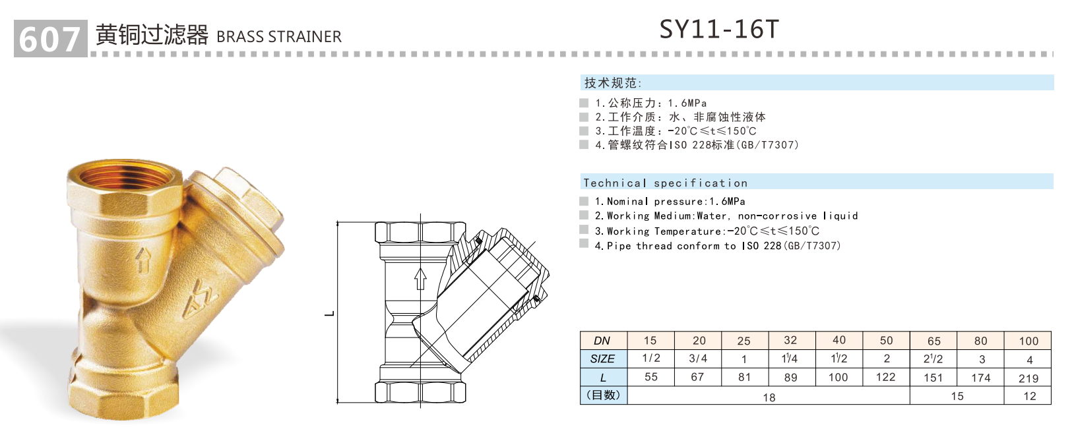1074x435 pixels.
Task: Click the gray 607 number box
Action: click(50, 39)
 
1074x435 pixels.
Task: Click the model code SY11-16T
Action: click(719, 30)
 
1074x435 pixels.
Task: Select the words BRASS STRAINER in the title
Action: click(278, 37)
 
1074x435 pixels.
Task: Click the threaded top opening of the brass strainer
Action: click(123, 175)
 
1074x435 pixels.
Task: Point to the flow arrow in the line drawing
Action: click(420, 278)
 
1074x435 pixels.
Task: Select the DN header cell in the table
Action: click(602, 341)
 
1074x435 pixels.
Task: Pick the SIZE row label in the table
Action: click(602, 359)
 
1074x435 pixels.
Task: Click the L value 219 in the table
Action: click(1028, 378)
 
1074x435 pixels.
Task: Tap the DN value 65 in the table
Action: click(933, 341)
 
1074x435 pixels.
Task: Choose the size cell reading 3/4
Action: click(698, 359)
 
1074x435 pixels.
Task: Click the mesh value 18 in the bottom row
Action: click(769, 397)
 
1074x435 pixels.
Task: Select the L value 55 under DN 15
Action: click(650, 377)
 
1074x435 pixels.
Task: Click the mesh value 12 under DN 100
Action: click(1029, 396)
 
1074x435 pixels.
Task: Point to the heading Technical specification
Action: click(665, 183)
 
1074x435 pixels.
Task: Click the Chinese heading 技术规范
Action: click(612, 83)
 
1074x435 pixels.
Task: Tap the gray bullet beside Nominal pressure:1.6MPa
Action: click(584, 201)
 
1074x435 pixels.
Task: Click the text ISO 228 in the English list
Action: click(761, 246)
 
